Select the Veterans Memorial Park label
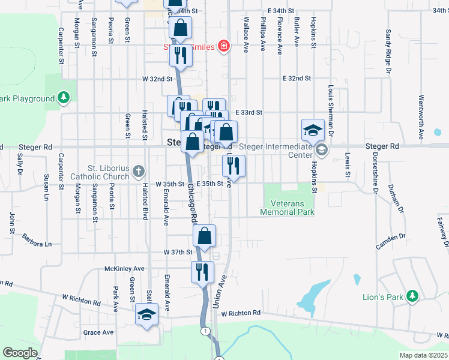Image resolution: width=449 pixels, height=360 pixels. click(x=288, y=208)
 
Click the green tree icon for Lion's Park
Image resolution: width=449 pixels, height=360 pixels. click(x=412, y=296)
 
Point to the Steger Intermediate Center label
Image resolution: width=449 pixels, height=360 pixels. click(x=276, y=150)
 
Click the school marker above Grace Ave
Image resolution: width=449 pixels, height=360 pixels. click(x=146, y=314)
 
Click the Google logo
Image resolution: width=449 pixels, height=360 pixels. click(x=20, y=353)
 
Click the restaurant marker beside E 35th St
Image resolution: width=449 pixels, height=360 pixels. click(x=235, y=166)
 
